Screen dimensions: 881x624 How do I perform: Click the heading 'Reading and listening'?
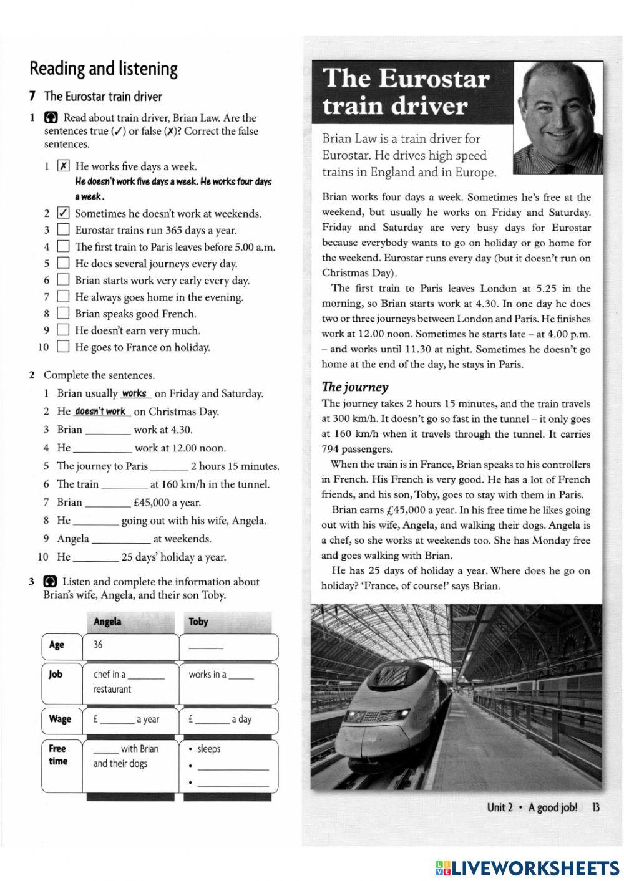point(104,68)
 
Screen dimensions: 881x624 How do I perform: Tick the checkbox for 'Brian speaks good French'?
point(63,313)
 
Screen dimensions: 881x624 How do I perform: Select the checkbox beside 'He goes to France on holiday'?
point(63,347)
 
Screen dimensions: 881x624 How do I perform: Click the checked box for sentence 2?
point(63,213)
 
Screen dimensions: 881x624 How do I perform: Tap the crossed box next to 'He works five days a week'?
point(63,166)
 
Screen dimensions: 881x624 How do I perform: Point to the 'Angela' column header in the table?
point(107,622)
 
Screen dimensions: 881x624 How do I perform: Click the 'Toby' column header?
point(198,622)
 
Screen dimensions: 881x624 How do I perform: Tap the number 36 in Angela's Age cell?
point(98,645)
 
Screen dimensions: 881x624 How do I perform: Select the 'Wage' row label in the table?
point(60,719)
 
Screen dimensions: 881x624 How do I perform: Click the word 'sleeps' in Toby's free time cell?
point(208,749)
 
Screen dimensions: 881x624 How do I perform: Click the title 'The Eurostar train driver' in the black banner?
point(406,92)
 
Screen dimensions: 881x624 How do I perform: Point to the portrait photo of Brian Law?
point(557,118)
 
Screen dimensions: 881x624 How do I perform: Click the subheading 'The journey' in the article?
point(355,387)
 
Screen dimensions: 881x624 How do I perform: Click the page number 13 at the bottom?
point(595,807)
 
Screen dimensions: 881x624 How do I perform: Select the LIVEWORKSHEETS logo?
point(527,867)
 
